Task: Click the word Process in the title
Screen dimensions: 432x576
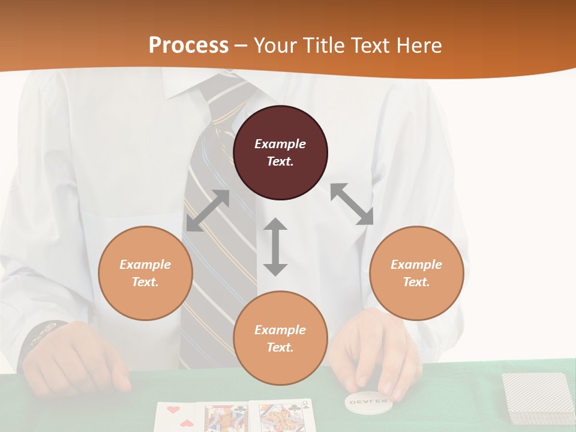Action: click(x=188, y=46)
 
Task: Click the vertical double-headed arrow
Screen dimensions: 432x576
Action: click(x=275, y=247)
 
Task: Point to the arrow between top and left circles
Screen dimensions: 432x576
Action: click(x=208, y=211)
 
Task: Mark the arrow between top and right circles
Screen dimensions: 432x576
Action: click(x=352, y=205)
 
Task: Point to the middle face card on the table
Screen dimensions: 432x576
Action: click(x=224, y=418)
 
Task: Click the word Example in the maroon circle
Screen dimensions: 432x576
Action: click(x=280, y=144)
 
